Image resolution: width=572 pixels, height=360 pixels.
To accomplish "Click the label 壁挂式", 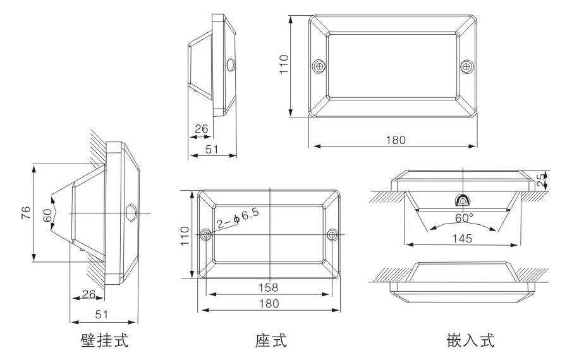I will [104, 341].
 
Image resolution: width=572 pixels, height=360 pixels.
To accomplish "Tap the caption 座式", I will [271, 341].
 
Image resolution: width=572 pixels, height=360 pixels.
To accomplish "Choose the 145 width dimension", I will [463, 238].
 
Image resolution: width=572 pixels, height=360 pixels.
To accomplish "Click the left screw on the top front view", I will [320, 66].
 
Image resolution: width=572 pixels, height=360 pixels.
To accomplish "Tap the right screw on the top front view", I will [466, 66].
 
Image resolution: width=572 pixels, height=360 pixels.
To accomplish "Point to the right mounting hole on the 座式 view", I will [332, 235].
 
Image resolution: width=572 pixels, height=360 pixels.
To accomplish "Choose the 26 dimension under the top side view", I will [201, 129].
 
